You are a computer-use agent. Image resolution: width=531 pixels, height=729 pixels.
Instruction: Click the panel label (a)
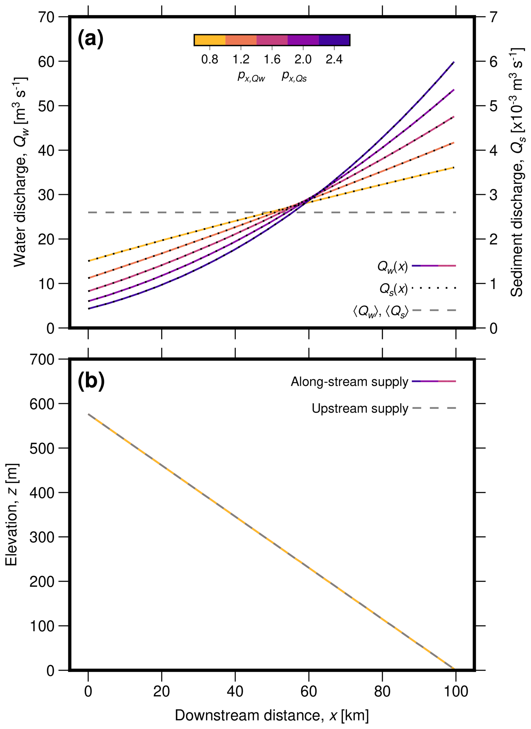[90, 38]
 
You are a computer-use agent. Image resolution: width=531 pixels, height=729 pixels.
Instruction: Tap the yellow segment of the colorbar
[210, 40]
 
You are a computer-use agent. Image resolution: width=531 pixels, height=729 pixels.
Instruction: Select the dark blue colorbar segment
[334, 40]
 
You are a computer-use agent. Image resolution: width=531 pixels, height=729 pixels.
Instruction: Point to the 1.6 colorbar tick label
[272, 60]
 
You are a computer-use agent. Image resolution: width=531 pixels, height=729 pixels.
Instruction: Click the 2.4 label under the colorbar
[334, 60]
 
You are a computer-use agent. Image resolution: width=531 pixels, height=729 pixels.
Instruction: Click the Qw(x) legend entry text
[392, 266]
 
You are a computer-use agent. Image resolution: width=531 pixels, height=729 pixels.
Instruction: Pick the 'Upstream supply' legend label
[360, 408]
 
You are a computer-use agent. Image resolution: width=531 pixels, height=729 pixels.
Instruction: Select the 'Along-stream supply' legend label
[349, 382]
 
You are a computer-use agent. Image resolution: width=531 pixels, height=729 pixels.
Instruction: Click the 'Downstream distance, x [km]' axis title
[272, 716]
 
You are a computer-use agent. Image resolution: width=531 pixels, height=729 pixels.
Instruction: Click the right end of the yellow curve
[454, 168]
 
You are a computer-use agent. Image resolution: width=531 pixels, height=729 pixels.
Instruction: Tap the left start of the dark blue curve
[89, 308]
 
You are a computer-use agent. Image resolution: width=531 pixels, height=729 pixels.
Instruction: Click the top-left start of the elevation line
[89, 415]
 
